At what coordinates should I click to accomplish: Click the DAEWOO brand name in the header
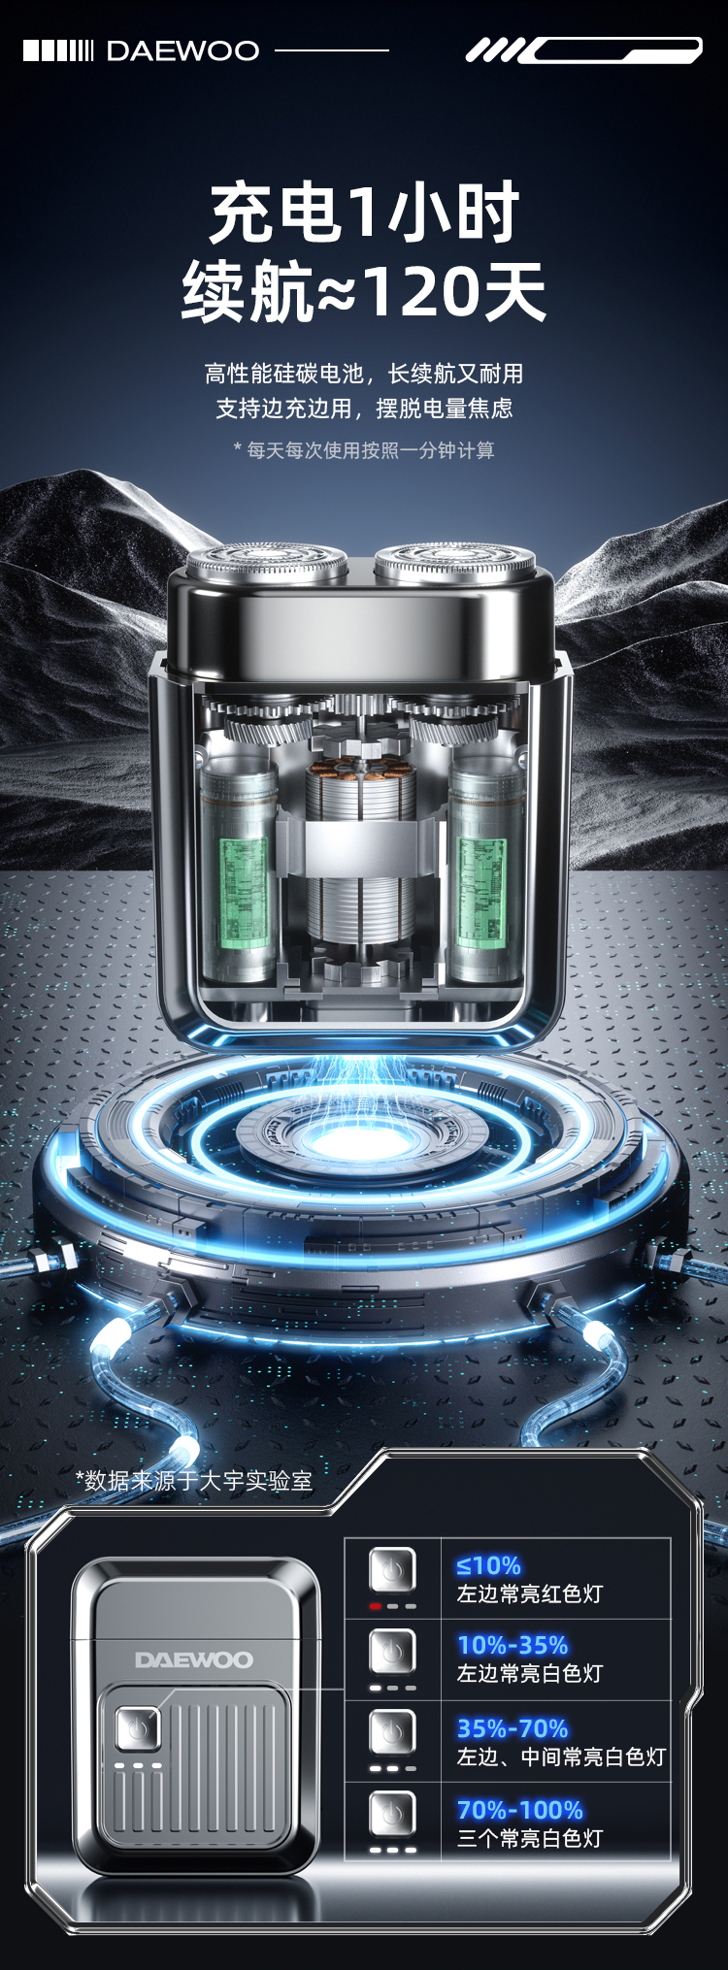(x=182, y=50)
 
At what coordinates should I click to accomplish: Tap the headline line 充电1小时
(x=364, y=213)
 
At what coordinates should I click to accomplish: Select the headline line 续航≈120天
(x=364, y=291)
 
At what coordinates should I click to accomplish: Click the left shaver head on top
(x=267, y=563)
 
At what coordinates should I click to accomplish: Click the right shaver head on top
(x=455, y=563)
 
